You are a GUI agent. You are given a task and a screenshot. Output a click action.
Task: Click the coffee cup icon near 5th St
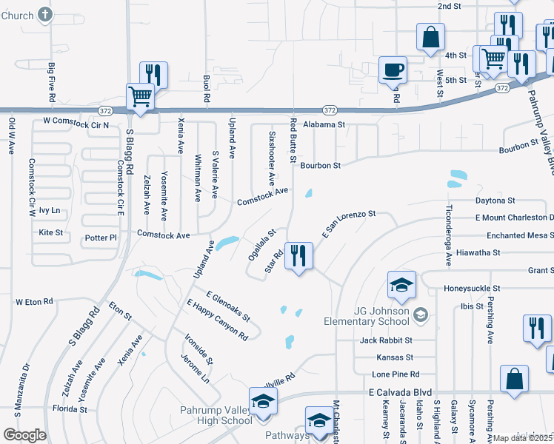(x=393, y=70)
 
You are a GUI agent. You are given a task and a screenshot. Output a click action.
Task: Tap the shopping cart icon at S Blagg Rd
(x=140, y=97)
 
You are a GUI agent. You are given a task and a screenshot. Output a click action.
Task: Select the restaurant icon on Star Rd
(x=298, y=257)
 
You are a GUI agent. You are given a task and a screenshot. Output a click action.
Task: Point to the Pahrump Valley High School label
(x=216, y=415)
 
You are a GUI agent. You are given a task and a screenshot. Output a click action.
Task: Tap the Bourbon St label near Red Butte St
(x=320, y=166)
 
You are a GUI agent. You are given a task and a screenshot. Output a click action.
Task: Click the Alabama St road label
(x=324, y=125)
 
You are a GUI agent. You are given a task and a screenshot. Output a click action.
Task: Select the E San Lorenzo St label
(x=349, y=224)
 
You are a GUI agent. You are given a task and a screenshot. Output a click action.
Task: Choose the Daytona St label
(x=495, y=201)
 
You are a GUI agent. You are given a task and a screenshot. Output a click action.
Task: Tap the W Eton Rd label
(x=35, y=302)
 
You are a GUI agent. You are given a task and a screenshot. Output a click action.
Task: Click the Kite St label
(x=50, y=232)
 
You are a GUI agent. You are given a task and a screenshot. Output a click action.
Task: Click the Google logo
(x=24, y=435)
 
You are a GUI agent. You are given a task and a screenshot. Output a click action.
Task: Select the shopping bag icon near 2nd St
(x=430, y=36)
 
